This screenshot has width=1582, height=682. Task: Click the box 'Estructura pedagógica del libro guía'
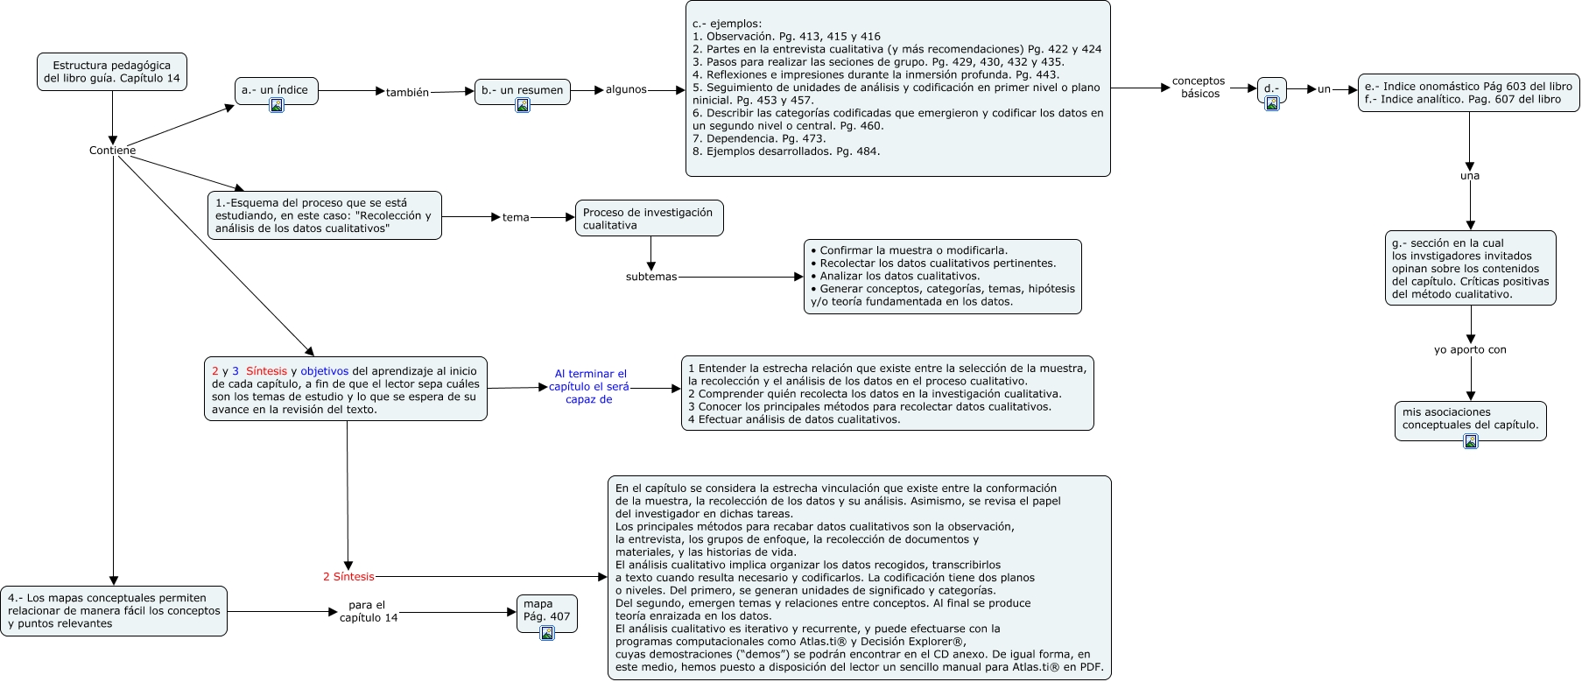click(x=112, y=72)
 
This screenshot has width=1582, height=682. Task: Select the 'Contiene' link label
click(x=112, y=151)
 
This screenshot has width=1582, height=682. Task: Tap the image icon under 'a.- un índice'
click(x=277, y=105)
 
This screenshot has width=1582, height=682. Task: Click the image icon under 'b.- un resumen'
click(x=523, y=105)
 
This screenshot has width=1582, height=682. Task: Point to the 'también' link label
click(x=407, y=92)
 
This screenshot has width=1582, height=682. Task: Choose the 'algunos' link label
click(x=626, y=89)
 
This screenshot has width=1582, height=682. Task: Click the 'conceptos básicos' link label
click(x=1199, y=88)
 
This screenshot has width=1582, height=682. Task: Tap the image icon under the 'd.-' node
click(x=1272, y=103)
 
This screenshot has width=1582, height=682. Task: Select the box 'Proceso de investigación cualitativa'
click(x=649, y=219)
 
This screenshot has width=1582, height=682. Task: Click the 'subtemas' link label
click(x=651, y=277)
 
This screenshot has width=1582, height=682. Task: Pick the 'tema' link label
click(x=516, y=217)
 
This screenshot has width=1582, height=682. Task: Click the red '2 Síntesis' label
click(x=348, y=577)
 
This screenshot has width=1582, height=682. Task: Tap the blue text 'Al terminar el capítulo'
click(x=589, y=386)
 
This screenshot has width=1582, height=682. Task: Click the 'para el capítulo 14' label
click(x=368, y=611)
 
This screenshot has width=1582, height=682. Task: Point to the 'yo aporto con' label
click(x=1470, y=350)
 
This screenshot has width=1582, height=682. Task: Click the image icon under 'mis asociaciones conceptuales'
click(x=1471, y=441)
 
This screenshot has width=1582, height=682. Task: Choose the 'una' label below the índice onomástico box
click(x=1470, y=176)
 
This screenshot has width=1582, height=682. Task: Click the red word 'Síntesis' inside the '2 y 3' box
click(x=266, y=371)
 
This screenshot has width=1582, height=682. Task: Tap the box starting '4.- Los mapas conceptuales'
click(x=114, y=611)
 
